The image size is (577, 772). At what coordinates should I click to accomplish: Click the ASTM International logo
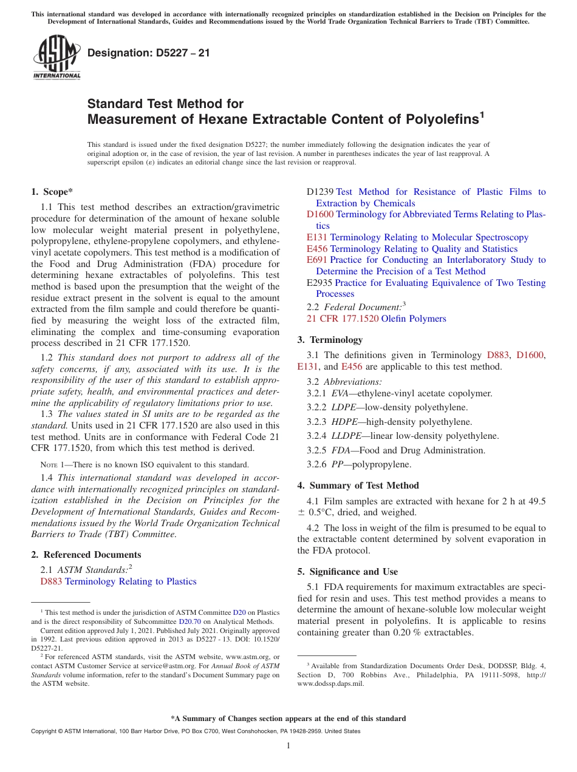tap(56, 58)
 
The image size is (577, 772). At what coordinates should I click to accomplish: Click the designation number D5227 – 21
tap(149, 53)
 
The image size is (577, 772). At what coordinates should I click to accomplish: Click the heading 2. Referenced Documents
tap(86, 555)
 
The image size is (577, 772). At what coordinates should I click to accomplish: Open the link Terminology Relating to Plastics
tap(131, 581)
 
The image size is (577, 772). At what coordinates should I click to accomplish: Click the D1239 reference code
tap(319, 192)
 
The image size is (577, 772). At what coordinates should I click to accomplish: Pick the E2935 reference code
tap(319, 283)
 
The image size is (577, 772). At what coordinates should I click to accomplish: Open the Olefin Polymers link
tap(413, 319)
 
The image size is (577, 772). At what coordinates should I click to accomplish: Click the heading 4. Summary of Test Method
tap(358, 486)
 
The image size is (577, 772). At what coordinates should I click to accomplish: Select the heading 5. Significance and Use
tap(347, 572)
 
